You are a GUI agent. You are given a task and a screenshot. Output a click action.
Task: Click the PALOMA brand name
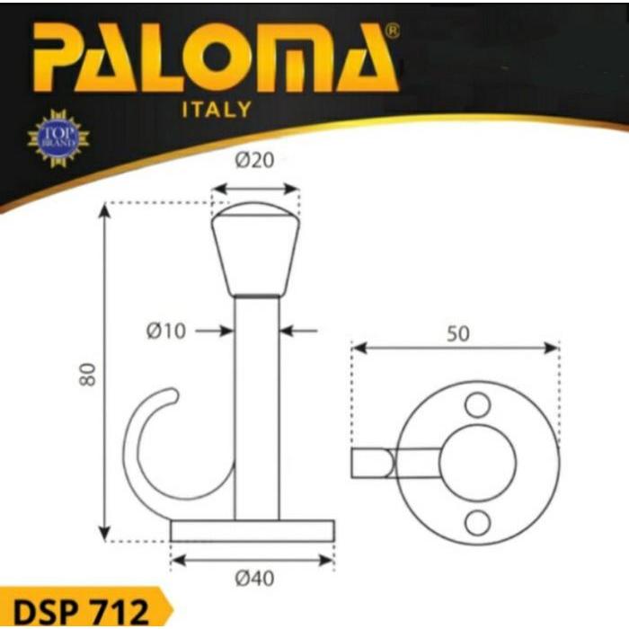(x=216, y=62)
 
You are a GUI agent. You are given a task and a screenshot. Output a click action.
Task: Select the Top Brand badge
(x=58, y=137)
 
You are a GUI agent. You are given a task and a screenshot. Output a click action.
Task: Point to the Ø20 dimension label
(x=254, y=162)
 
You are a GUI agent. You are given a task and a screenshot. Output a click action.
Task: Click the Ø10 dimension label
(x=165, y=332)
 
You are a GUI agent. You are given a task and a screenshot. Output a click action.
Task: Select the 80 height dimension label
(x=87, y=373)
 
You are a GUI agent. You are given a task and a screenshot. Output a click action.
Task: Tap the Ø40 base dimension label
(x=253, y=580)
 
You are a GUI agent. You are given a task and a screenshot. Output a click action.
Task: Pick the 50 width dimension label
(x=457, y=333)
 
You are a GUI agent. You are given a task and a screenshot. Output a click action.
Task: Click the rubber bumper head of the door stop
(x=255, y=252)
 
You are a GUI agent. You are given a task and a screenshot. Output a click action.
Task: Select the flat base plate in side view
(x=252, y=530)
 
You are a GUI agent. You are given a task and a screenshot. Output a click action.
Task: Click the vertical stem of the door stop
(x=256, y=404)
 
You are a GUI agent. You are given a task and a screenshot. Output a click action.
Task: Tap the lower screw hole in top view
(x=477, y=522)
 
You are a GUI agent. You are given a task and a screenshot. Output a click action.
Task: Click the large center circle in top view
(x=477, y=464)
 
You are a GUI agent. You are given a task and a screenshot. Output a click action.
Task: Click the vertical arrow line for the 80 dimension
(x=106, y=373)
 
